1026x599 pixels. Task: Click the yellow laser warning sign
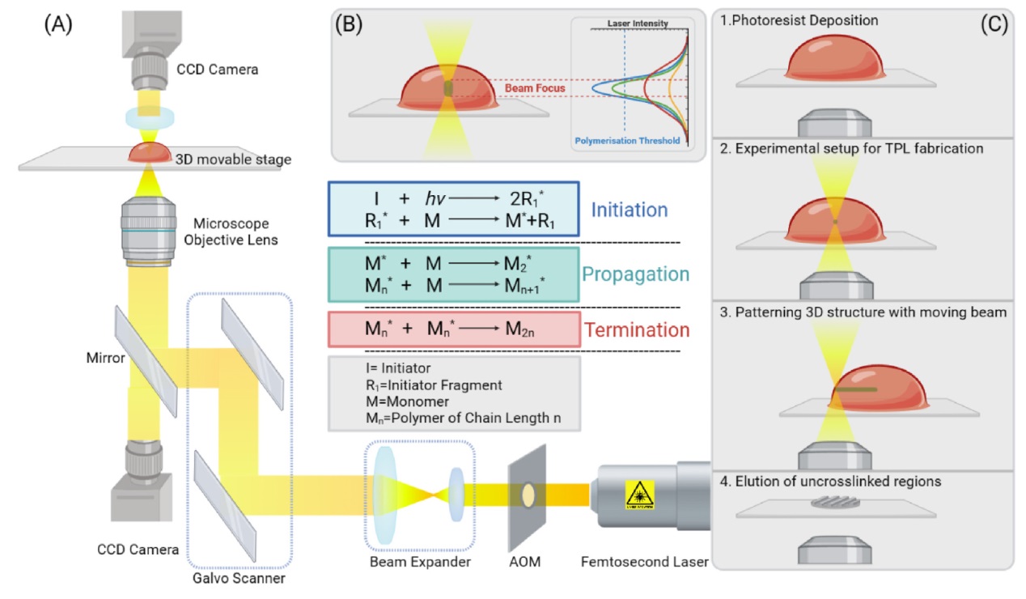coord(640,495)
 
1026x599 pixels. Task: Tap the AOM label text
coord(525,562)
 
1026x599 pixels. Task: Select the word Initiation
coord(630,210)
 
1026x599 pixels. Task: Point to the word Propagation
coord(636,274)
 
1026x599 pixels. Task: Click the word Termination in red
coord(637,330)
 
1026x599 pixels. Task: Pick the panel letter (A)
coord(58,23)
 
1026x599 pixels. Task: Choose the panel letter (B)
coord(349,23)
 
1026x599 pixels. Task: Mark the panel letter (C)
coord(994,23)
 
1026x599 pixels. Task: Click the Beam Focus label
coord(535,88)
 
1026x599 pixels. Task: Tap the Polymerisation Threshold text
coord(628,141)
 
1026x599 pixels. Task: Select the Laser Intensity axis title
coord(638,23)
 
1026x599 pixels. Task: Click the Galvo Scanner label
coord(239,579)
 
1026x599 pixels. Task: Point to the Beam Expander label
coord(420,562)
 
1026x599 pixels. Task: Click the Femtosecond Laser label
coord(644,562)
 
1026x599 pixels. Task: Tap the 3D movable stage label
coord(233,159)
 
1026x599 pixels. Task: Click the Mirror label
coord(105,358)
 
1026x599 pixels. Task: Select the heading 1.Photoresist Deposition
coord(799,20)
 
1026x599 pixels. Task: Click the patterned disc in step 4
coord(836,503)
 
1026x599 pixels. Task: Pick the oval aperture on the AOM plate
coord(528,495)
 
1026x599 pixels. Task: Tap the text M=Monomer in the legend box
coord(407,401)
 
